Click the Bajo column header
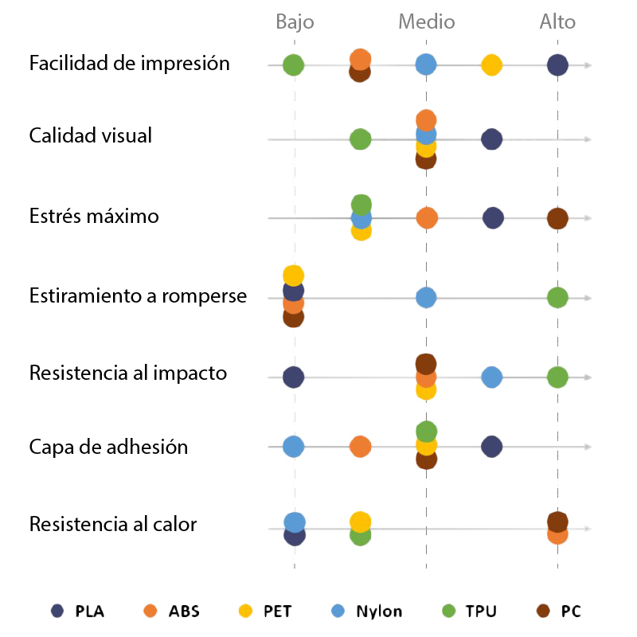pos(295,21)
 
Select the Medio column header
pos(426,21)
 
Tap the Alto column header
pos(557,21)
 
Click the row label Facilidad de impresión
pos(129,64)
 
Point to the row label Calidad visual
pos(90,135)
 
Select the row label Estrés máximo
pos(94,216)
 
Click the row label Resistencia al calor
pos(112,525)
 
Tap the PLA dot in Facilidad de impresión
pos(557,65)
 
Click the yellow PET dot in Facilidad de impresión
pos(491,65)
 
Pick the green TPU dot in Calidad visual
pos(360,139)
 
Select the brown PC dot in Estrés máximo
pos(557,218)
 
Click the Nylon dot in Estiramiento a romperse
pos(426,298)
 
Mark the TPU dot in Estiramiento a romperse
pos(557,298)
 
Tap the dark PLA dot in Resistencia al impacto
pos(293,377)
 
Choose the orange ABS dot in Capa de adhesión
pos(360,447)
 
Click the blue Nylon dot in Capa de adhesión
pos(294,447)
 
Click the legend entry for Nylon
pos(367,612)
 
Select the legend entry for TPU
pos(470,612)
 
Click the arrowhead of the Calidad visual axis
pos(588,139)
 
